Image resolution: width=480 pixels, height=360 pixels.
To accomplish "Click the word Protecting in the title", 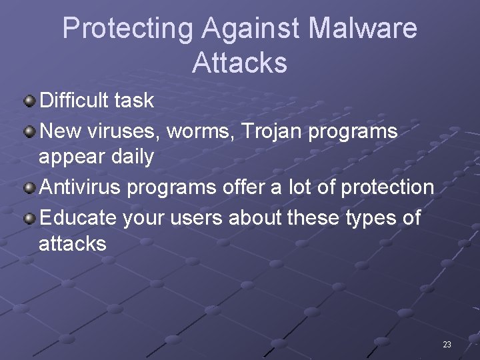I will pyautogui.click(x=127, y=29).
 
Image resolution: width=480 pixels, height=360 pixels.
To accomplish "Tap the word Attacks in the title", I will pyautogui.click(x=239, y=63).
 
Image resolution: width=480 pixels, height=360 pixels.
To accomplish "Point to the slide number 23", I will pyautogui.click(x=447, y=345).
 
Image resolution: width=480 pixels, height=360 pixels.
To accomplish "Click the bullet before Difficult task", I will pyautogui.click(x=30, y=101).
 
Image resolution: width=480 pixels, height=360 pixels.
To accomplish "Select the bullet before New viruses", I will pyautogui.click(x=30, y=131).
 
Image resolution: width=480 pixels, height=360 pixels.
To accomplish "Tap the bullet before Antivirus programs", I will pyautogui.click(x=30, y=188).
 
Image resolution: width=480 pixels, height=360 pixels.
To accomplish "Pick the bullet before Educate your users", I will pyautogui.click(x=30, y=217).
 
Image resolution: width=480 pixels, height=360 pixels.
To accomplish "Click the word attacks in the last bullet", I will pyautogui.click(x=72, y=244).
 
